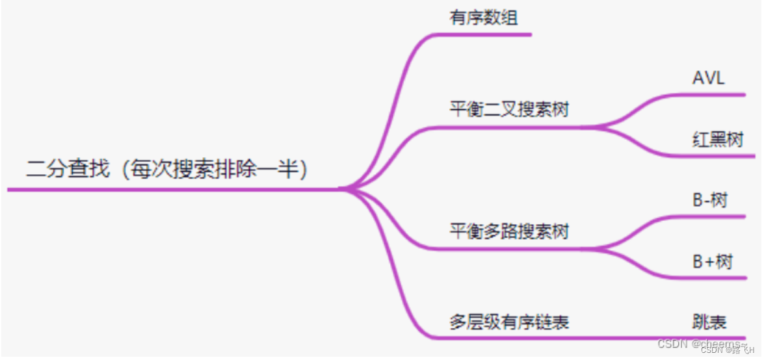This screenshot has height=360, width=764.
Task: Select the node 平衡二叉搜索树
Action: (x=508, y=109)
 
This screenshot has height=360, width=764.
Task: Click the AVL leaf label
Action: (x=708, y=79)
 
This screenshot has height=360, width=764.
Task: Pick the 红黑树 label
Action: (x=717, y=139)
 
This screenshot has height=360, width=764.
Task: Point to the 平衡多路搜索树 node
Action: (x=508, y=231)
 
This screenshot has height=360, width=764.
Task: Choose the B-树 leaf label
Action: (x=709, y=200)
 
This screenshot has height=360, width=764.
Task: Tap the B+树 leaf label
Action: (x=712, y=262)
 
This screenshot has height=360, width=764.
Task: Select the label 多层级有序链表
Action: (x=508, y=322)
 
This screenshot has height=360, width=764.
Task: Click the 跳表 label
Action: (x=709, y=322)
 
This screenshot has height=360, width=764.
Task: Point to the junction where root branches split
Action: (x=345, y=189)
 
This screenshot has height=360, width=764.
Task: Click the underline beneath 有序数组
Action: (x=494, y=34)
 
